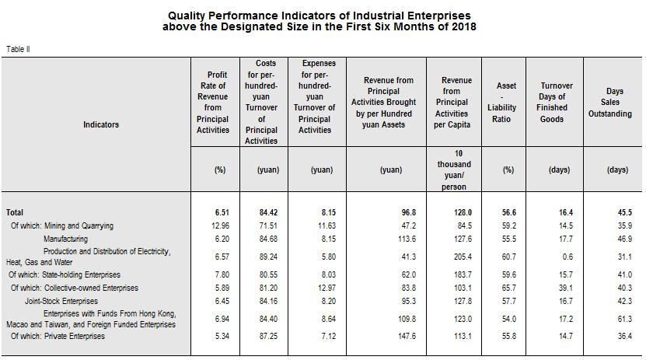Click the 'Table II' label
[18, 49]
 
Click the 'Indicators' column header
[101, 124]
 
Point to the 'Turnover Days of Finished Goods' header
[557, 102]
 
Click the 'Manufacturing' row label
[65, 239]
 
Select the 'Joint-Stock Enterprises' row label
[61, 300]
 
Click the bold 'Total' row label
[15, 212]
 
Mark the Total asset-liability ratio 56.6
[508, 212]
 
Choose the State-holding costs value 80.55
[268, 274]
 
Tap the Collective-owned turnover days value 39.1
[566, 288]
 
